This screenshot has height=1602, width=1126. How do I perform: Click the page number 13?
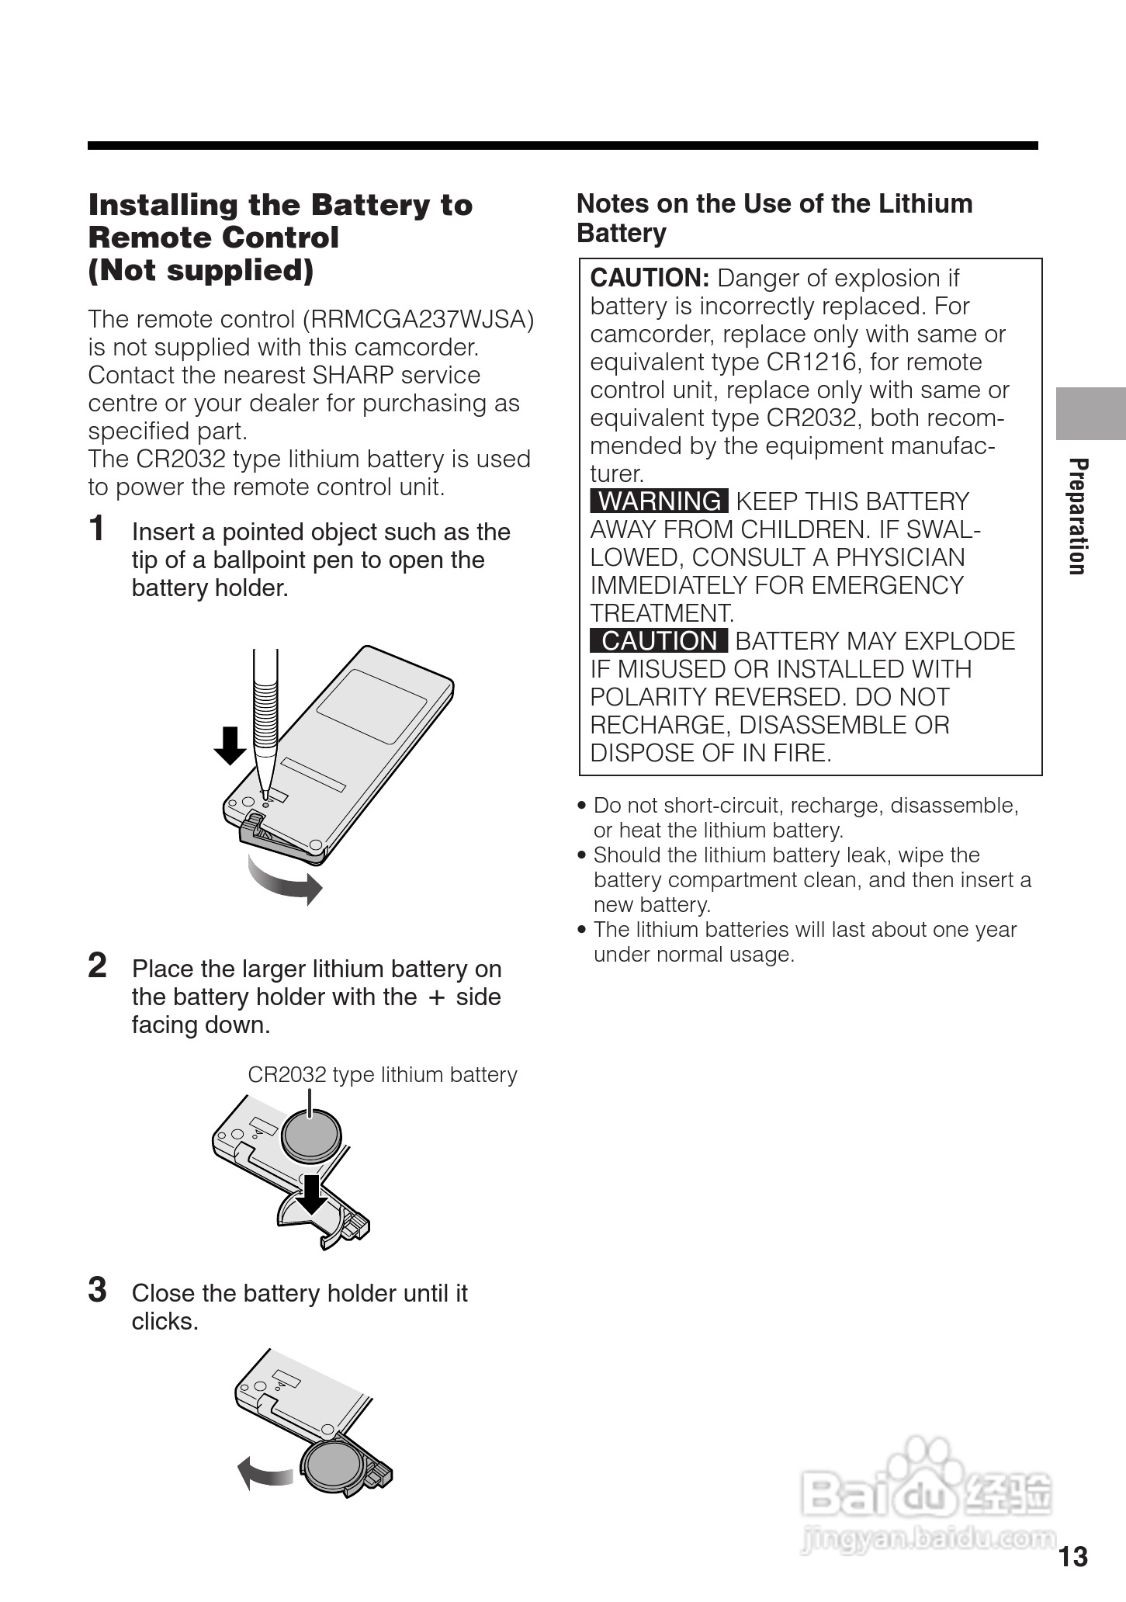[1073, 1556]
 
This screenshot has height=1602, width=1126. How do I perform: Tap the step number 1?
[97, 529]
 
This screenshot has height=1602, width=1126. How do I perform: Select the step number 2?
[97, 966]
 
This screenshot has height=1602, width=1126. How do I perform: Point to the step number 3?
[97, 1290]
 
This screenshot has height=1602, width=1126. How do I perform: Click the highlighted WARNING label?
[659, 501]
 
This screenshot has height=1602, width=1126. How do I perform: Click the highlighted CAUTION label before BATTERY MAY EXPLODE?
[659, 641]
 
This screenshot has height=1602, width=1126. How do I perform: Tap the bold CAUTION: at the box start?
[650, 278]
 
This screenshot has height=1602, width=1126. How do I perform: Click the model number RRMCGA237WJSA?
[418, 319]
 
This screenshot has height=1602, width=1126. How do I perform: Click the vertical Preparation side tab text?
[1077, 516]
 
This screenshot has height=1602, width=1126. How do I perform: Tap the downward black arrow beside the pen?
[230, 744]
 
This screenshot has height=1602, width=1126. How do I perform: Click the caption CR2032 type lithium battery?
[382, 1075]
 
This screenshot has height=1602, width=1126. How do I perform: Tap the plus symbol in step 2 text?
[436, 998]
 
